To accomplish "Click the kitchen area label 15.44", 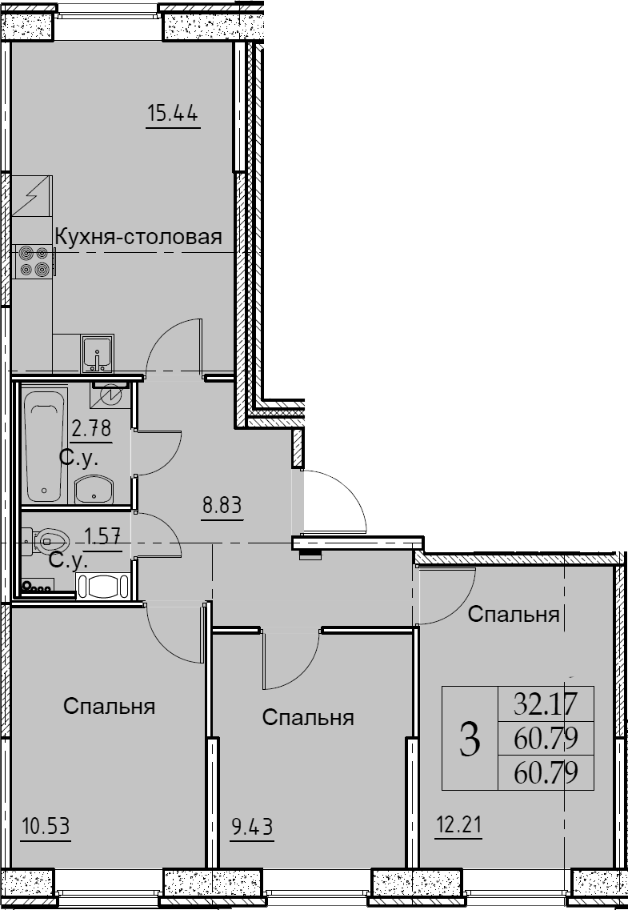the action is click(x=173, y=113).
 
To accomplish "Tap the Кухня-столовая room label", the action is click(x=138, y=237).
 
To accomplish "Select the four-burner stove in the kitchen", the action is click(x=34, y=261).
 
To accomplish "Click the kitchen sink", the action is click(x=98, y=353).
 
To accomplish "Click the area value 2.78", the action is click(x=91, y=429).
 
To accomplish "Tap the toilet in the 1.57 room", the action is click(x=46, y=540).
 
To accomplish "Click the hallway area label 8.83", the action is click(x=222, y=506).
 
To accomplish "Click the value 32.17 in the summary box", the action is click(x=546, y=704).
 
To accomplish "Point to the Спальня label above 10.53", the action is click(x=109, y=707).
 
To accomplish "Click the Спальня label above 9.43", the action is click(x=308, y=718).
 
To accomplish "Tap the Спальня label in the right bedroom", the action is click(x=514, y=615).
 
